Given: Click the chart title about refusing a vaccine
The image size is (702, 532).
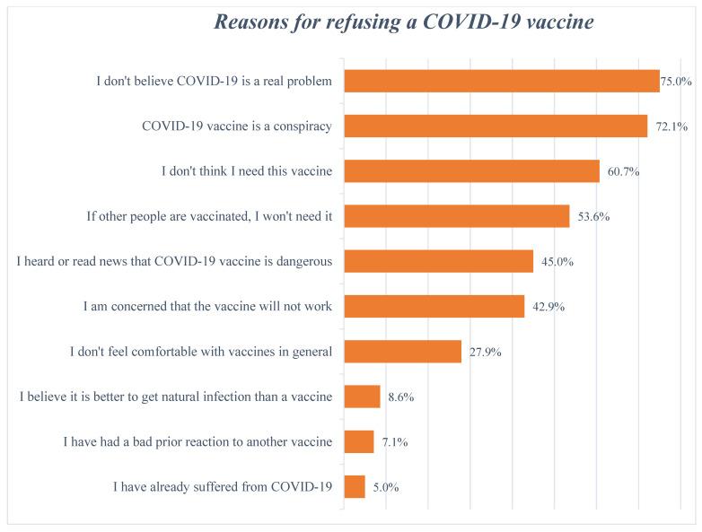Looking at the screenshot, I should tap(403, 22).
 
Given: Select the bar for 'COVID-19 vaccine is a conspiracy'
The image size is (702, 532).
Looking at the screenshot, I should tap(496, 126).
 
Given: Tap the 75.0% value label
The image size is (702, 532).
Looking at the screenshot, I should tap(676, 81).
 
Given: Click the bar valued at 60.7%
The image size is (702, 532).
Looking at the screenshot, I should tap(471, 170).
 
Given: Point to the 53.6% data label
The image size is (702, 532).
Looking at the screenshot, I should tap(593, 216).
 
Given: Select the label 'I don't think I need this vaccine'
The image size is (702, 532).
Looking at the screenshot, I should tap(247, 170).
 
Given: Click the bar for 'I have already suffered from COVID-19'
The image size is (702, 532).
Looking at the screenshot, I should tap(355, 487).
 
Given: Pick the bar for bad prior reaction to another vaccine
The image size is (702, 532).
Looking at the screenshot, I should tap(359, 441).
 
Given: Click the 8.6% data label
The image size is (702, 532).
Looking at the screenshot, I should tap(400, 397).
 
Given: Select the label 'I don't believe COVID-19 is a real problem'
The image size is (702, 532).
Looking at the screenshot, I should tap(215, 81).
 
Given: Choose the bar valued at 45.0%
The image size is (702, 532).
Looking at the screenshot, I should tap(439, 261).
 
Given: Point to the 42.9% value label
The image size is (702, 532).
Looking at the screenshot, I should tap(548, 307).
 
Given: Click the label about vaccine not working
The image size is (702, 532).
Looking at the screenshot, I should tap(207, 307).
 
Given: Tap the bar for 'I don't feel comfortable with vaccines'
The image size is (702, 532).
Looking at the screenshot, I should tap(403, 352).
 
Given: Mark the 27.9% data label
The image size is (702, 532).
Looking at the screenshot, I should tap(485, 352).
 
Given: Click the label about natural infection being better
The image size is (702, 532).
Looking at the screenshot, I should tap(176, 397).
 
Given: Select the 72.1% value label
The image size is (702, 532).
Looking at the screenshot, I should tap(671, 126).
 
